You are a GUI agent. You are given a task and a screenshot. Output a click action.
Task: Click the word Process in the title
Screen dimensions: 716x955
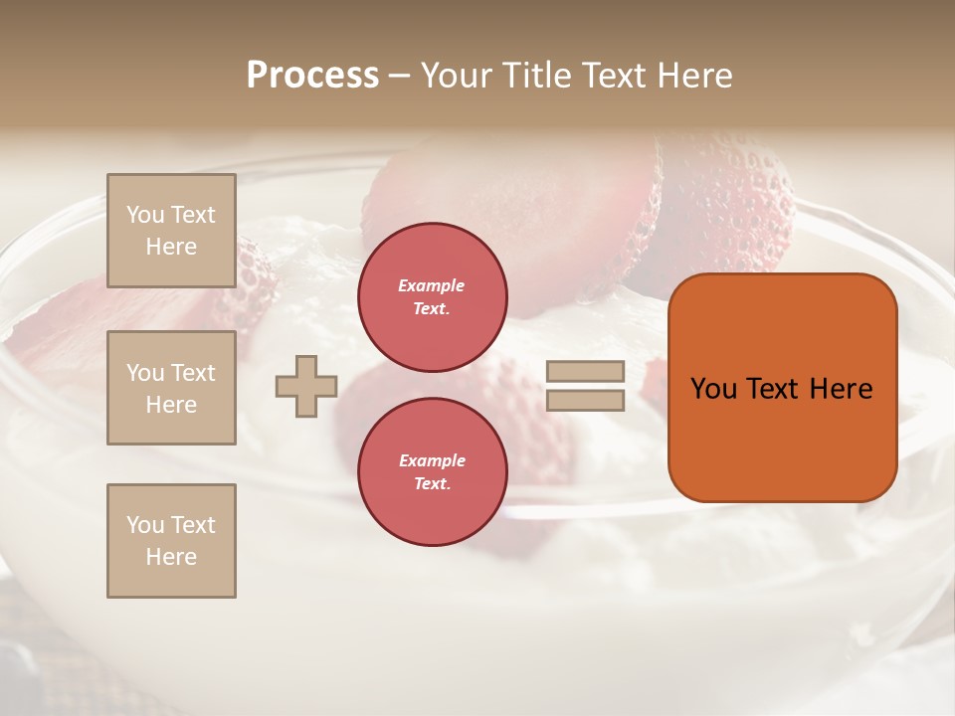[312, 76]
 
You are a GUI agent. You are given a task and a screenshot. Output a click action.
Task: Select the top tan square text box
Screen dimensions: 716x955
[171, 231]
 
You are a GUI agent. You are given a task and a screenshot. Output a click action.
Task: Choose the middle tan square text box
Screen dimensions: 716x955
[171, 388]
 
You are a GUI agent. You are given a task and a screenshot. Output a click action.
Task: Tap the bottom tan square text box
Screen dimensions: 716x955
[171, 541]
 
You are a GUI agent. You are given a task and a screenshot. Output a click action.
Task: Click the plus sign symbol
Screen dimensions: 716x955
[306, 386]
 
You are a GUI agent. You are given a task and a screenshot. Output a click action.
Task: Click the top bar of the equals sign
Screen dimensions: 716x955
[585, 372]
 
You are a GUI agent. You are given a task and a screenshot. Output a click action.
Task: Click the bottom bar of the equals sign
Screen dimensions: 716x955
[585, 401]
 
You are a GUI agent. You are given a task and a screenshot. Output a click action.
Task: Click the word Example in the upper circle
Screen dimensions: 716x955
[432, 285]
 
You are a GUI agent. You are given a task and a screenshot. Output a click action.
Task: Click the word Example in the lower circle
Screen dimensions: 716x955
[432, 460]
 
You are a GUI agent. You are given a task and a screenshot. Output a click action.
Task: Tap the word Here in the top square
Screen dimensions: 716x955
[171, 247]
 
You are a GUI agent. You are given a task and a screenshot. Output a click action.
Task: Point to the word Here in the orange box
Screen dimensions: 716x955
[840, 389]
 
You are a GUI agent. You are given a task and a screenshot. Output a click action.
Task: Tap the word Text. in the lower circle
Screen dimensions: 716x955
[432, 484]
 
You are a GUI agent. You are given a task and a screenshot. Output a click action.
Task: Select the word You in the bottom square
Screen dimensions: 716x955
[145, 525]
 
